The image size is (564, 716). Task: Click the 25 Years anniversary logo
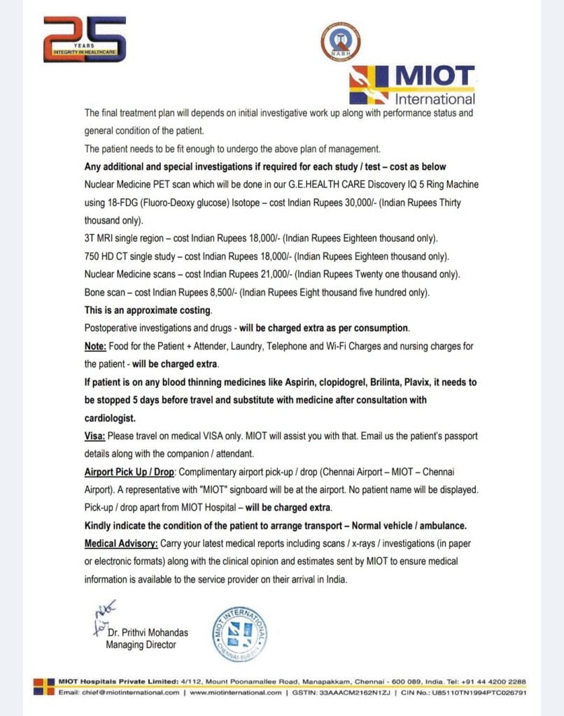point(85,39)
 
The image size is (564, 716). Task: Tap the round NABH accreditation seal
point(340,41)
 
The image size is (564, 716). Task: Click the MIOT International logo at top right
point(412,85)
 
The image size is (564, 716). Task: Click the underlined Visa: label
point(95,436)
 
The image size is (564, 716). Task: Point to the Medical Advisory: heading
point(120,543)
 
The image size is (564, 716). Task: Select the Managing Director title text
point(141,645)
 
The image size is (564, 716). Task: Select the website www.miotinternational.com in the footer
point(236,692)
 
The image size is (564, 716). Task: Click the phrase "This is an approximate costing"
point(148,310)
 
